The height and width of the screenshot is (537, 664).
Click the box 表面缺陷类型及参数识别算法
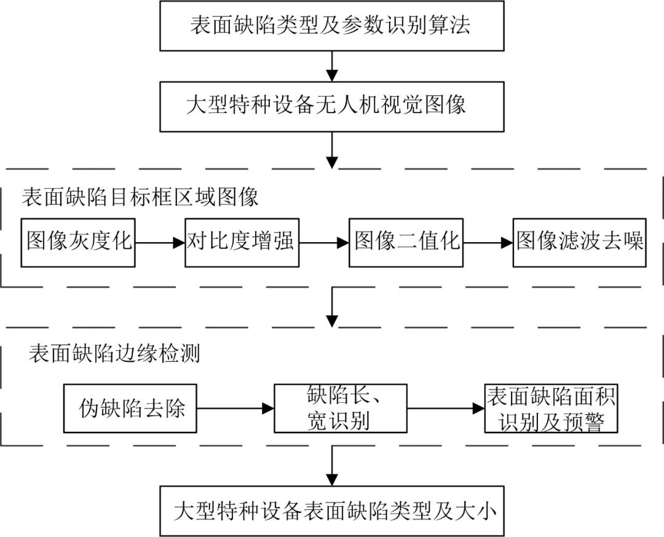coord(332,26)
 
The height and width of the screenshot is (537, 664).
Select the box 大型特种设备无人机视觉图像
coord(332,104)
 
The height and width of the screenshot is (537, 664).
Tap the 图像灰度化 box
coord(79,241)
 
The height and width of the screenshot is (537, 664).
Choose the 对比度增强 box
coord(242,241)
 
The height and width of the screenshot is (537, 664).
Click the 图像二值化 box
coord(406,241)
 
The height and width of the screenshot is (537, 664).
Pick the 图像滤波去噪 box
coord(580,241)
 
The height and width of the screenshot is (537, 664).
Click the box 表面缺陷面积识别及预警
coord(551,408)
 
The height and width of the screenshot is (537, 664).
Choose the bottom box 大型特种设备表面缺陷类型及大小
coord(332,511)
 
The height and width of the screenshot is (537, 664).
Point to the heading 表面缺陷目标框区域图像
coord(140,197)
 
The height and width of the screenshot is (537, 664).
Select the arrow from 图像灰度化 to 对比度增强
coord(160,243)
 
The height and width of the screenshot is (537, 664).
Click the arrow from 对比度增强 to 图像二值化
coord(323,243)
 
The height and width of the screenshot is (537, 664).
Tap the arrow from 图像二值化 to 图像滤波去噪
coord(488,243)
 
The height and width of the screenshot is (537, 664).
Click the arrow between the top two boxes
coord(332,66)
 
